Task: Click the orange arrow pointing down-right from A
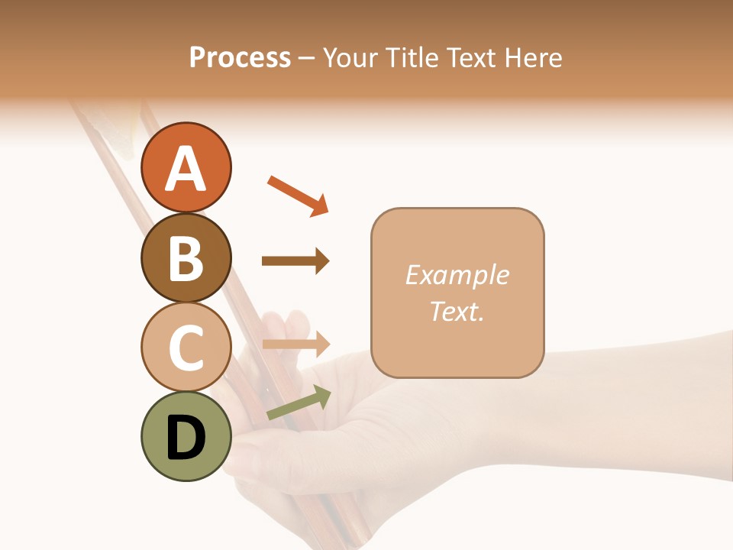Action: click(298, 196)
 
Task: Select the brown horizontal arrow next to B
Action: click(295, 261)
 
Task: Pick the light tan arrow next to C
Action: click(295, 344)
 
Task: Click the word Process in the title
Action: click(240, 58)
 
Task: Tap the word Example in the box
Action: click(457, 275)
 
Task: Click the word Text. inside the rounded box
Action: click(457, 311)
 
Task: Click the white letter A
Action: click(186, 169)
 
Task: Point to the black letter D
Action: click(186, 438)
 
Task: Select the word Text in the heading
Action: click(470, 58)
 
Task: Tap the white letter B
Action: click(186, 258)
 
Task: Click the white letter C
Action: click(186, 348)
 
